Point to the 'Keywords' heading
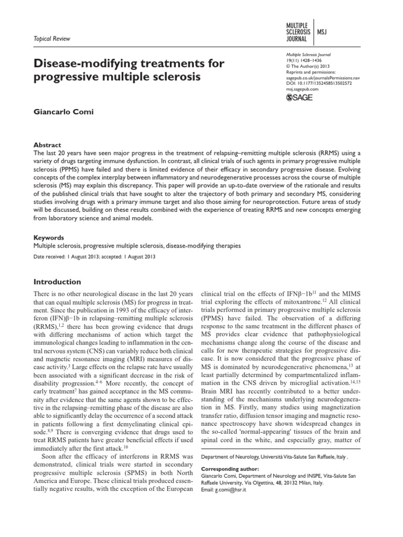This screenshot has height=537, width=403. pos(49,237)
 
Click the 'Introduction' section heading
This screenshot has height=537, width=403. pos(57,282)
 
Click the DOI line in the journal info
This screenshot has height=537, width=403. pos(319,83)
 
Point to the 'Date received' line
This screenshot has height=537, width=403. pos(94,257)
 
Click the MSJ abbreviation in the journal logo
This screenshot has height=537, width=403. pos(323,31)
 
